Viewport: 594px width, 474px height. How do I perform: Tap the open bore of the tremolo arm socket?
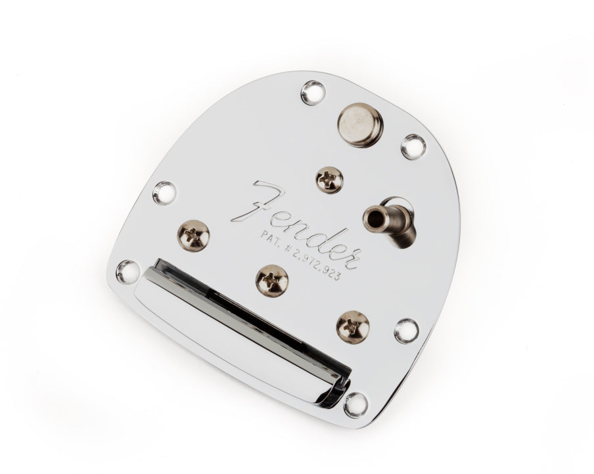click(x=375, y=213)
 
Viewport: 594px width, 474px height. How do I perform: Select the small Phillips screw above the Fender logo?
click(x=329, y=179)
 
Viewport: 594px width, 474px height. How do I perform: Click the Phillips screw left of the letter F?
click(x=193, y=234)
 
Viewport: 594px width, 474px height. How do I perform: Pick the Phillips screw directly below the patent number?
click(x=272, y=280)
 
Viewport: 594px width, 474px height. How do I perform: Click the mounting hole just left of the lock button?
click(x=313, y=93)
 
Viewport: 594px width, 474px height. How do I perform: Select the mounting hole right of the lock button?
click(x=413, y=146)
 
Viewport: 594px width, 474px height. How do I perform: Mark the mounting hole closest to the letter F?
click(x=164, y=192)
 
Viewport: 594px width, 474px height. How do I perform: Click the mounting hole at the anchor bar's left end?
click(x=127, y=270)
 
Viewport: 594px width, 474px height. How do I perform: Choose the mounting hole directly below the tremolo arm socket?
click(x=407, y=331)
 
